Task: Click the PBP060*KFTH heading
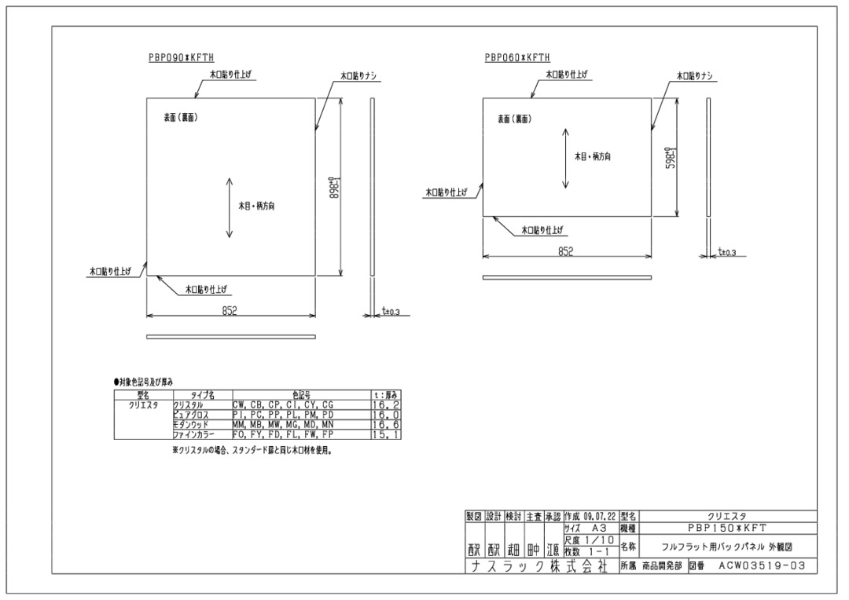(x=517, y=58)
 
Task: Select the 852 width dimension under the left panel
(x=230, y=311)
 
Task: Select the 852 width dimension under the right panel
(x=565, y=251)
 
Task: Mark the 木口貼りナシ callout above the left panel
(x=359, y=76)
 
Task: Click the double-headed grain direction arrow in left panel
(x=229, y=208)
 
